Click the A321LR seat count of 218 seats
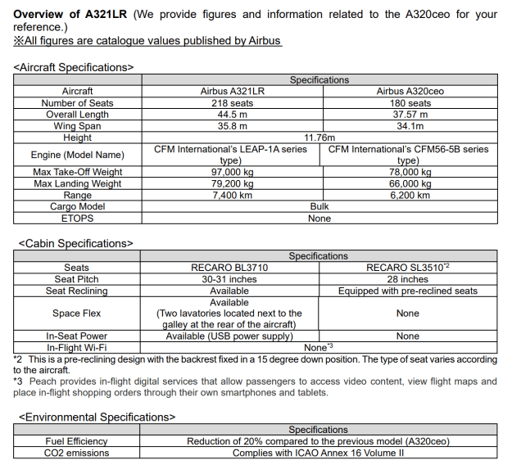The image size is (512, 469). pyautogui.click(x=233, y=103)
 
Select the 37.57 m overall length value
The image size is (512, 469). pyautogui.click(x=409, y=115)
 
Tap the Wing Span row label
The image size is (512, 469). pyautogui.click(x=77, y=126)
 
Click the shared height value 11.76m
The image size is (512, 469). pyautogui.click(x=319, y=138)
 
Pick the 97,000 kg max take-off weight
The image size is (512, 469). pyautogui.click(x=233, y=172)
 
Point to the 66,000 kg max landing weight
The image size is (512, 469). pyautogui.click(x=409, y=184)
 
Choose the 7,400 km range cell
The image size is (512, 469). pyautogui.click(x=233, y=196)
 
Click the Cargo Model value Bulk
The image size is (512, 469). pyautogui.click(x=319, y=207)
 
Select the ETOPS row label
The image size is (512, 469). pyautogui.click(x=77, y=219)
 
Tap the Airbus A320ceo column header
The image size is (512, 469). pyautogui.click(x=409, y=92)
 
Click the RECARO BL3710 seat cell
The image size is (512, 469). pyautogui.click(x=229, y=268)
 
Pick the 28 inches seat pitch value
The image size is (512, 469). pyautogui.click(x=407, y=279)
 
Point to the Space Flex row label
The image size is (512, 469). pyautogui.click(x=77, y=313)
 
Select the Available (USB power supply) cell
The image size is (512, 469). pyautogui.click(x=229, y=336)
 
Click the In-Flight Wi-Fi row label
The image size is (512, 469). pyautogui.click(x=77, y=347)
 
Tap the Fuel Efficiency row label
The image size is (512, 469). pyautogui.click(x=77, y=441)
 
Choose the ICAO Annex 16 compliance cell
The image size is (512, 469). pyautogui.click(x=318, y=453)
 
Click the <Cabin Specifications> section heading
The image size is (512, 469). pyautogui.click(x=75, y=243)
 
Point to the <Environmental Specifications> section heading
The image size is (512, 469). pyautogui.click(x=97, y=417)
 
